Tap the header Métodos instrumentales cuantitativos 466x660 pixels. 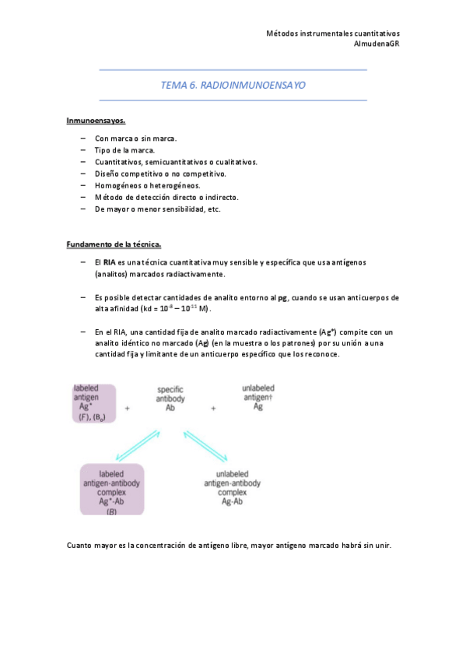point(333,33)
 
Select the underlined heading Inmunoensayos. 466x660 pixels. point(96,121)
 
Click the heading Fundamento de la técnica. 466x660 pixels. point(113,245)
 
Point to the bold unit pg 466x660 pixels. point(272,298)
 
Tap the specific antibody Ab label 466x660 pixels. point(170,398)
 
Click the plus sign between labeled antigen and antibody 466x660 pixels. point(127,407)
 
